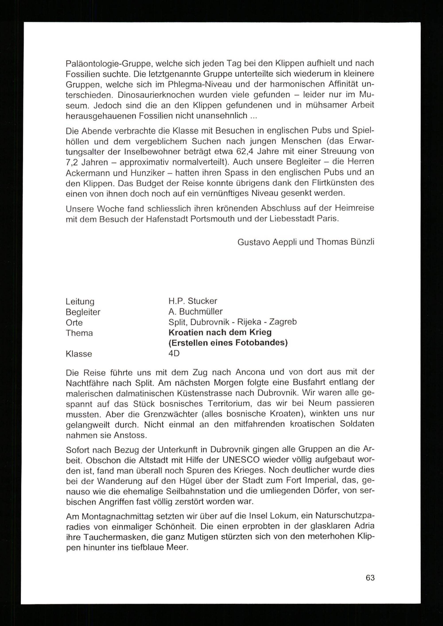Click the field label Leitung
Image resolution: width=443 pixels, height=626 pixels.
80,301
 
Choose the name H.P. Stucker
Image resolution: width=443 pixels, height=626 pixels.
193,301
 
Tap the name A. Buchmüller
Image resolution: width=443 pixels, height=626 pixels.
195,311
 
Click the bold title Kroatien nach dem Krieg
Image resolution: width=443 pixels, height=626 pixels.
220,332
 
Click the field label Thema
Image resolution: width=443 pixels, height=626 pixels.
79,333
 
